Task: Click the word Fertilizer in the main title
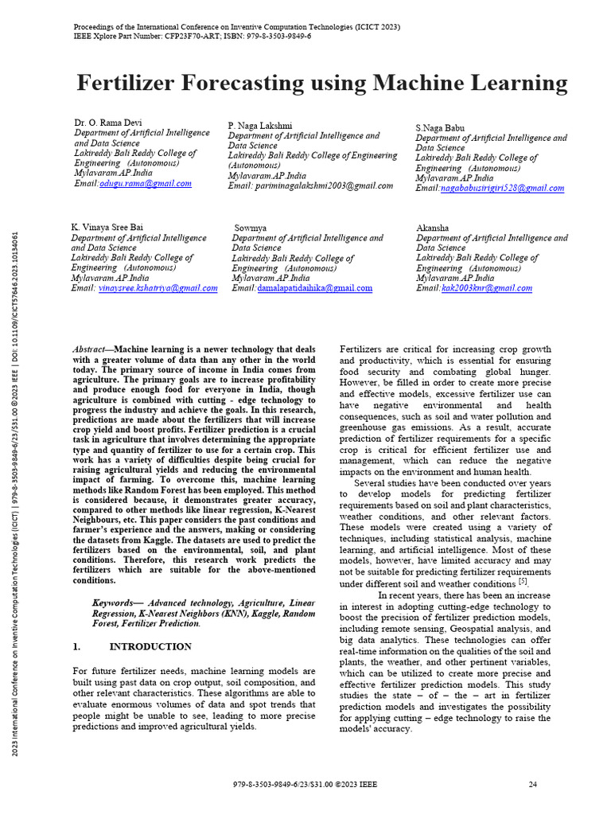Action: (130, 84)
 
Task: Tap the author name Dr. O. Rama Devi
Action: (108, 123)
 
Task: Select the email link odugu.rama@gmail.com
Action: (146, 183)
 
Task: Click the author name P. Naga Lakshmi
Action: (260, 126)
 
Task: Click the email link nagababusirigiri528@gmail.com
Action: (502, 189)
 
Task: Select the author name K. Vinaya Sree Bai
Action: (107, 228)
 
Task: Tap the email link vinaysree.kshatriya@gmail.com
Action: (158, 288)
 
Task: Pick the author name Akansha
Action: (434, 228)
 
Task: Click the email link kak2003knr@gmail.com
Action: (486, 288)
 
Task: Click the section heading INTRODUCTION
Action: (150, 646)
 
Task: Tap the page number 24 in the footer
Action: (533, 784)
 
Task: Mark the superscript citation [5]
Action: (523, 581)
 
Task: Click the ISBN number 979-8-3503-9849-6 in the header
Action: (270, 37)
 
